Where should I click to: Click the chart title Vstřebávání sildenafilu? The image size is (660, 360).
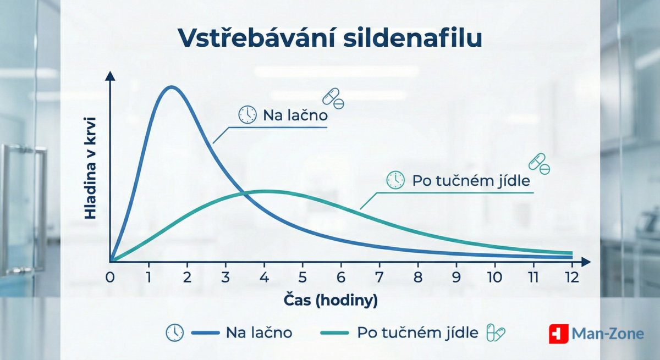pyautogui.click(x=330, y=37)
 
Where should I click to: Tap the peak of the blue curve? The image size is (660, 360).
pyautogui.click(x=172, y=87)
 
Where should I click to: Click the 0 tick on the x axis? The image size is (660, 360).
pyautogui.click(x=111, y=277)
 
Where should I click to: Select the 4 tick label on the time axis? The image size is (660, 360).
pyautogui.click(x=265, y=277)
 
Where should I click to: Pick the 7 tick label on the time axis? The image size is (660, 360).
pyautogui.click(x=380, y=277)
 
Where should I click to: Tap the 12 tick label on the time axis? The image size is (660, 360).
pyautogui.click(x=572, y=277)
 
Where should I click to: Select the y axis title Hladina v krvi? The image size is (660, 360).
pyautogui.click(x=91, y=168)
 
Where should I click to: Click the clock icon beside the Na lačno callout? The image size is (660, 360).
pyautogui.click(x=248, y=114)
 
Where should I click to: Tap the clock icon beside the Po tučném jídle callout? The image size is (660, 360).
pyautogui.click(x=395, y=180)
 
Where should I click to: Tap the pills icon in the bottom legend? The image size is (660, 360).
pyautogui.click(x=495, y=333)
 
